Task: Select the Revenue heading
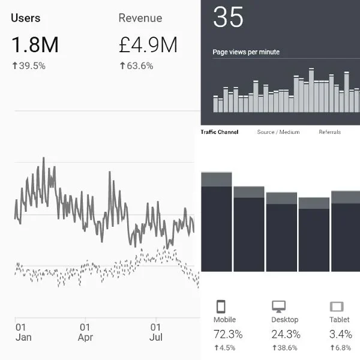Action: (x=140, y=18)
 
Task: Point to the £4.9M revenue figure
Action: (x=148, y=44)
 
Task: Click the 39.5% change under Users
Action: (x=28, y=65)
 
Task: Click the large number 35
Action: (x=229, y=17)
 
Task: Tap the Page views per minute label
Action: (x=246, y=52)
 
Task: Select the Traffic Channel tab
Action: (x=219, y=132)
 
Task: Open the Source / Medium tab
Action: (x=278, y=132)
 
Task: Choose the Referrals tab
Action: (x=329, y=132)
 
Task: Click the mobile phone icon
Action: (x=220, y=306)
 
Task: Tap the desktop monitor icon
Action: (x=278, y=306)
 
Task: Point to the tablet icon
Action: (x=336, y=306)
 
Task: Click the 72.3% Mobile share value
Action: (x=228, y=334)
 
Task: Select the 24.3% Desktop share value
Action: (x=286, y=334)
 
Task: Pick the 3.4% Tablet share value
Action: (x=340, y=334)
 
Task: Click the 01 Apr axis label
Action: (x=85, y=332)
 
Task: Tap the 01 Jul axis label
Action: (x=155, y=332)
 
